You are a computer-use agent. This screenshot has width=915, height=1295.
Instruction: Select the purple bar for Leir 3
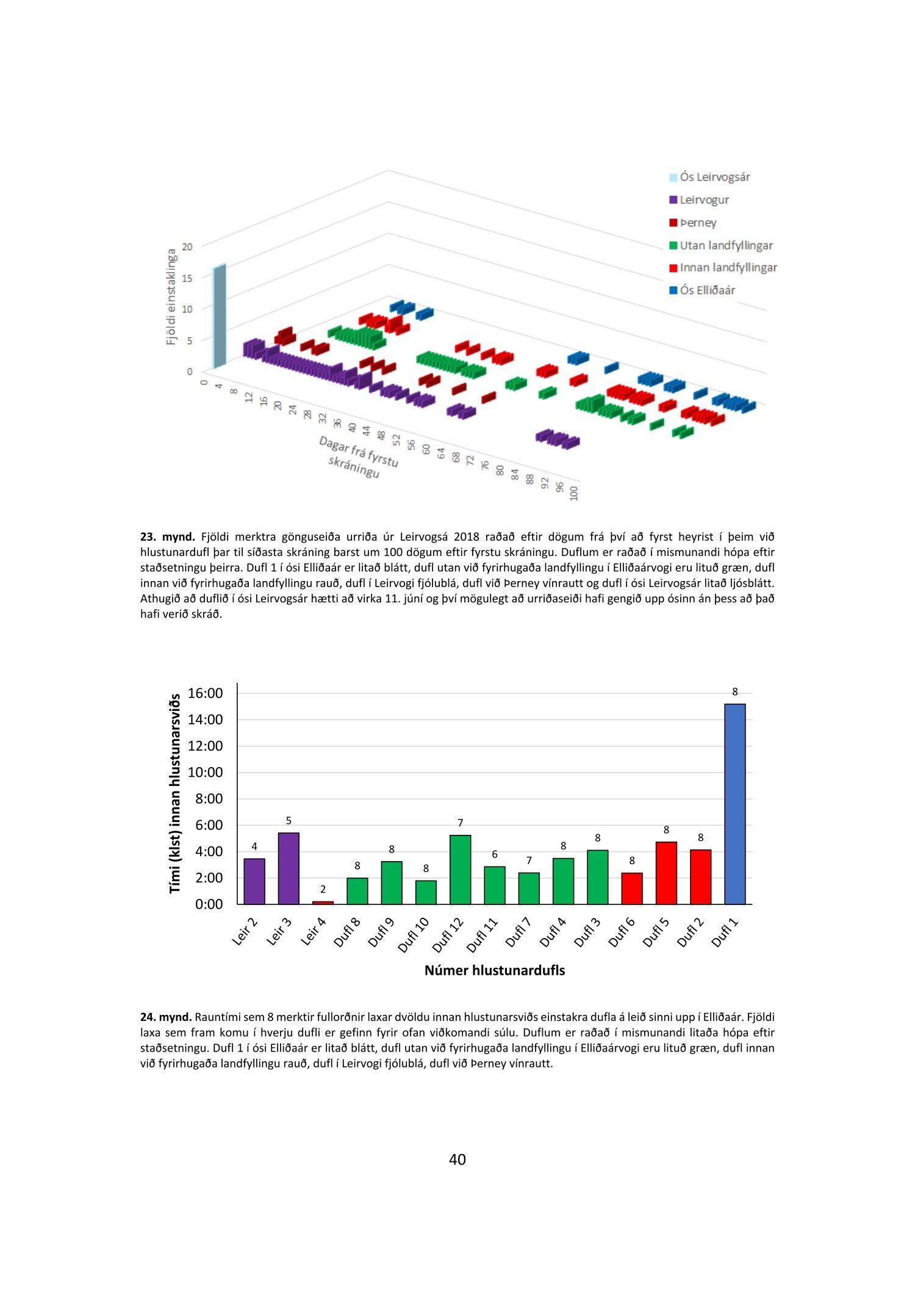point(289,868)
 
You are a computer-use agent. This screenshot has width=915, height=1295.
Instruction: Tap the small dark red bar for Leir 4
point(323,902)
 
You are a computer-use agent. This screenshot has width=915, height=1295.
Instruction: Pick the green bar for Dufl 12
point(460,869)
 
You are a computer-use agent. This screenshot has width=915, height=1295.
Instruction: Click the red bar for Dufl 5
point(666,873)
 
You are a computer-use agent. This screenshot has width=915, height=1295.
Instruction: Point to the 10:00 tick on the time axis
point(205,772)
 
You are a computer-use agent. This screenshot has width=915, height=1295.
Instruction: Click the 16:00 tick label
point(205,693)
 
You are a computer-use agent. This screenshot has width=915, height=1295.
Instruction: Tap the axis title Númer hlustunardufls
point(494,970)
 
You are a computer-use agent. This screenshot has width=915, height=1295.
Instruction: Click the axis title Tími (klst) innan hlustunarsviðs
point(175,793)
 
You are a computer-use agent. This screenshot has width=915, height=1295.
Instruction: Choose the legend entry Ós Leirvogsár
point(714,177)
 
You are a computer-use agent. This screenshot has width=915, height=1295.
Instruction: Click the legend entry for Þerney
point(698,223)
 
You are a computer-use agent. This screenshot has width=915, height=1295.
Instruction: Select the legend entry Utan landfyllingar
point(726,245)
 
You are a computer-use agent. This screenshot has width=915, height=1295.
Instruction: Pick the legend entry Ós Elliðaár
point(708,290)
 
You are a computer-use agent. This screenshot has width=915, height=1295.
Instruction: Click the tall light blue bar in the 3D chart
point(219,316)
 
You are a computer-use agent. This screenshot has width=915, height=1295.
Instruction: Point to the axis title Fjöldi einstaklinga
point(171,297)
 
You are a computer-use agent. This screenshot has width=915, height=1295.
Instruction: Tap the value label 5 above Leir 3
point(289,821)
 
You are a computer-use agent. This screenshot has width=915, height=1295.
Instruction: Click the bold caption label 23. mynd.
point(167,537)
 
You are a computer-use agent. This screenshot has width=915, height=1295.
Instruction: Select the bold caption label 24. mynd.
point(166,1017)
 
